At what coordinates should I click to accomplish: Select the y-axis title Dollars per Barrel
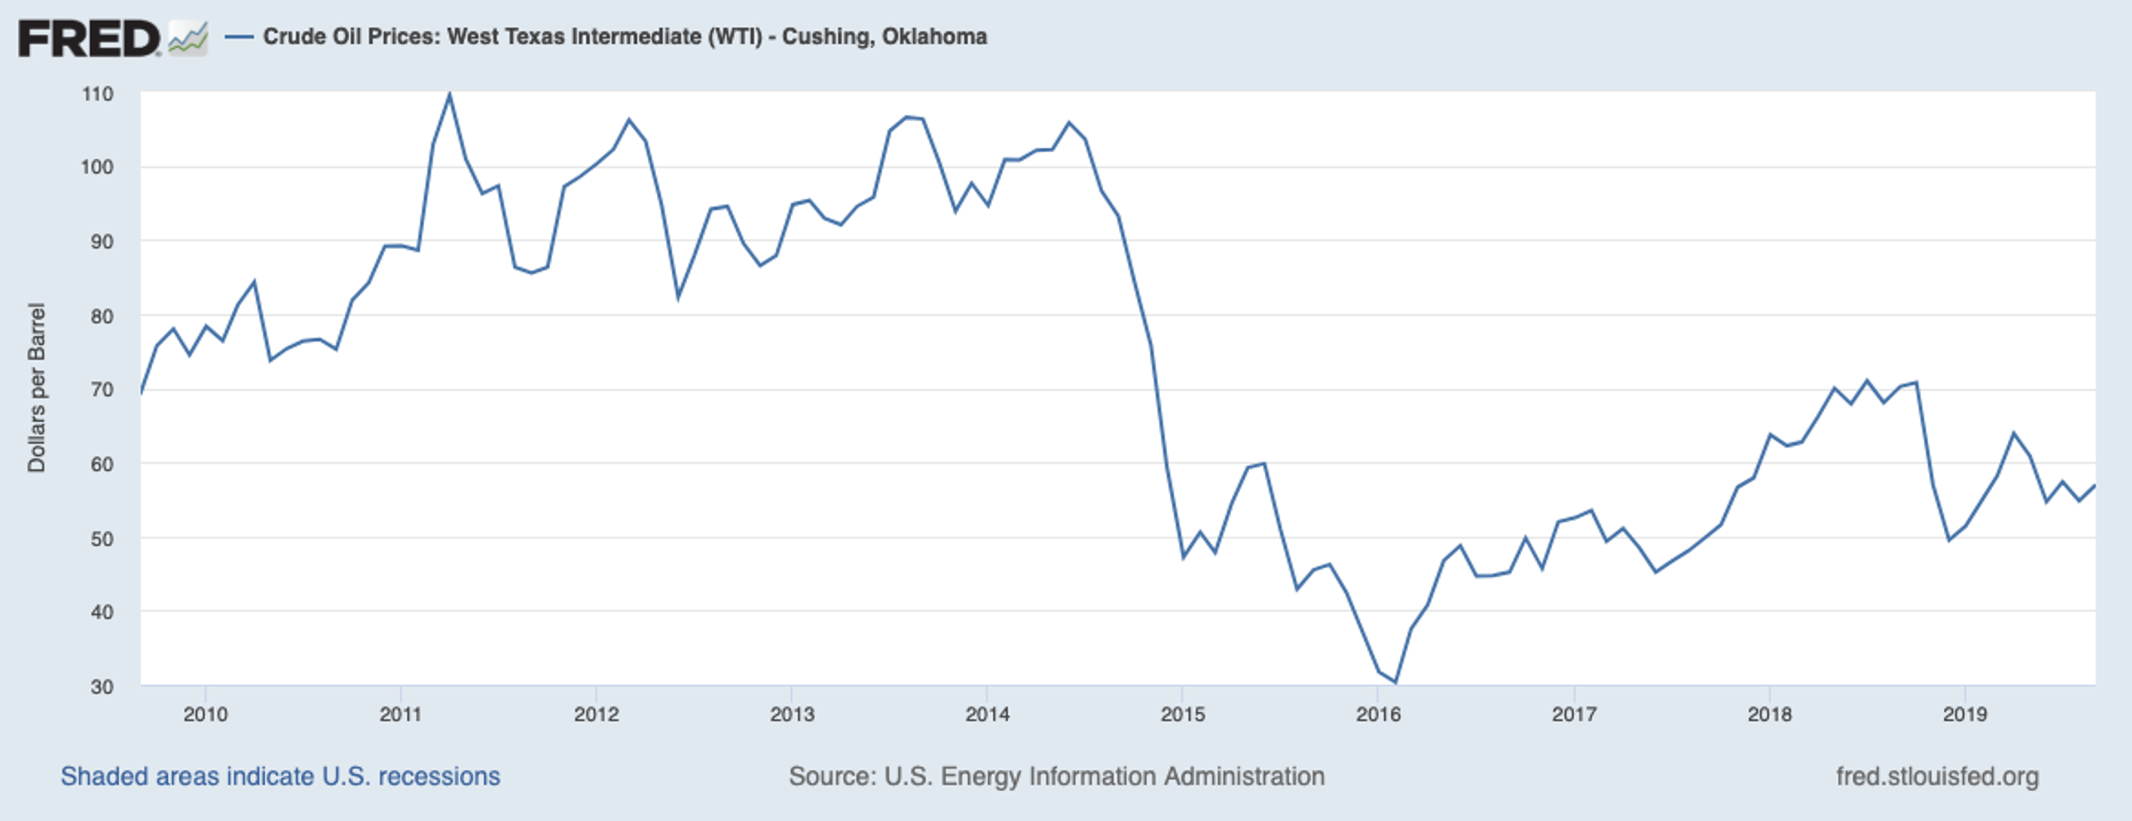coord(37,387)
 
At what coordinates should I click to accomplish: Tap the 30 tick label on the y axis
coord(101,687)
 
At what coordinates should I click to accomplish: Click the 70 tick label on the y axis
coord(101,390)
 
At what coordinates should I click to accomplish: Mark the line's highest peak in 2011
coord(449,94)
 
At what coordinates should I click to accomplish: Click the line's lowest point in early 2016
coord(1395,682)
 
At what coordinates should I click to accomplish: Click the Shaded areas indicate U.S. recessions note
coord(280,776)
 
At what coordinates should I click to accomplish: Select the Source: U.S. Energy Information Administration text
coord(1056,776)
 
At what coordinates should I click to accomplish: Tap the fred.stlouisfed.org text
coord(1937,776)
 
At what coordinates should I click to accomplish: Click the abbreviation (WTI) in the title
coord(734,37)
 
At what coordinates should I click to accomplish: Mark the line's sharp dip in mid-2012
coord(678,296)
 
